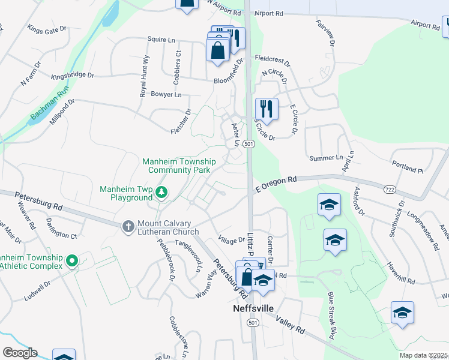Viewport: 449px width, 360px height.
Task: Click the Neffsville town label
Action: click(253, 308)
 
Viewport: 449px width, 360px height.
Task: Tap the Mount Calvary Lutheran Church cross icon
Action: click(128, 226)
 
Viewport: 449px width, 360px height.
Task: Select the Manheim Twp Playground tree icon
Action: click(161, 192)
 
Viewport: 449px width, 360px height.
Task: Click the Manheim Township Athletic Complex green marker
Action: click(72, 260)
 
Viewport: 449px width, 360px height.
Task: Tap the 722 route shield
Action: click(387, 188)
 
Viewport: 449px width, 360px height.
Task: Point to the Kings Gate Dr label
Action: click(44, 30)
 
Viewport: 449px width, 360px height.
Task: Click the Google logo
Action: click(20, 353)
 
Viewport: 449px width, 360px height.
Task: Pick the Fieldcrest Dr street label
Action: click(272, 61)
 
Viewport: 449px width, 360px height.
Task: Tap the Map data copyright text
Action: click(423, 355)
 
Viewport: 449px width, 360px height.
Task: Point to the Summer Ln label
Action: click(325, 157)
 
